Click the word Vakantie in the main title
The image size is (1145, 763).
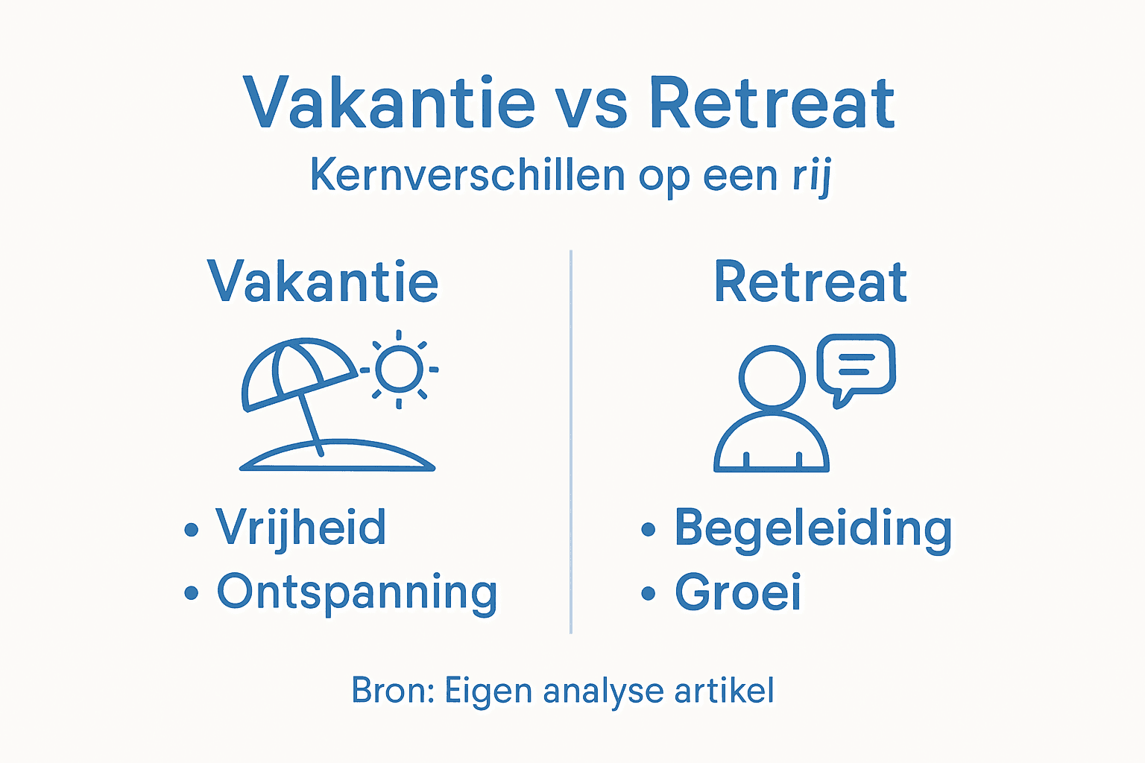tap(389, 104)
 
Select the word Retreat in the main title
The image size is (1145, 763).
tap(772, 104)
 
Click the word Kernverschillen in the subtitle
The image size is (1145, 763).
tap(467, 176)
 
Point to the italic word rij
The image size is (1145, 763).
tap(812, 177)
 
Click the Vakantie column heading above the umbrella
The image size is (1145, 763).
tap(323, 282)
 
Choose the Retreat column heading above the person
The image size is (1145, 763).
tap(810, 282)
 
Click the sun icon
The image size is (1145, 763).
tap(399, 370)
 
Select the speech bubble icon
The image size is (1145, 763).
tap(857, 365)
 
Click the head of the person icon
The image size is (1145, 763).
tap(772, 377)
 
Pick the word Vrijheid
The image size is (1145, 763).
tap(301, 528)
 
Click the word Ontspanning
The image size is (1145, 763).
tap(357, 593)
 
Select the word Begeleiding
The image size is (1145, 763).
tap(813, 529)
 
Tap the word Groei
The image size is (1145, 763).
tap(738, 593)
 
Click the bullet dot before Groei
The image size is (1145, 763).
tap(649, 594)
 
